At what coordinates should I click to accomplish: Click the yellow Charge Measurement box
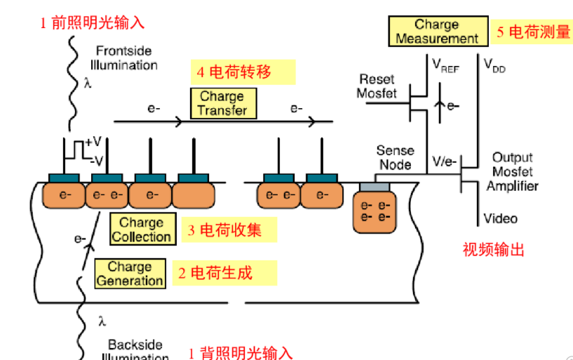436,32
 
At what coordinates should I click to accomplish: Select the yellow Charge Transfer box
222,103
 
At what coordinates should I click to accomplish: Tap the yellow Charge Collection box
141,229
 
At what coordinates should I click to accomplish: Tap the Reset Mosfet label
377,86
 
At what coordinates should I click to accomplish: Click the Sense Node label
395,157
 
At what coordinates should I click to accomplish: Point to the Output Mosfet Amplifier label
512,171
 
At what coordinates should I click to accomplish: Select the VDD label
494,65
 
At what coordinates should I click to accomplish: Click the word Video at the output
501,218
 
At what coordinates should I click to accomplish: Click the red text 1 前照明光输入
92,22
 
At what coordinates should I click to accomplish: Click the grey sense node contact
374,185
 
